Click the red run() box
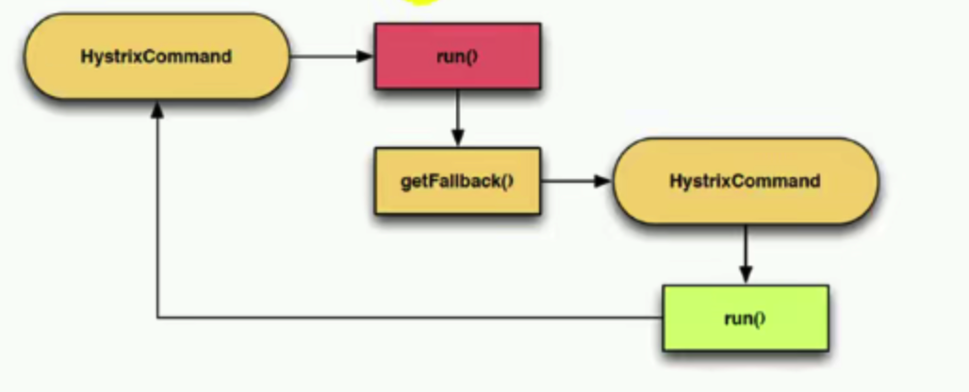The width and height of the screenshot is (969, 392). [457, 57]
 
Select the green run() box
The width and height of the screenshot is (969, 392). [745, 318]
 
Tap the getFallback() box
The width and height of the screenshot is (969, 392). [457, 180]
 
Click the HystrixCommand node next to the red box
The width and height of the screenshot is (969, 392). [156, 57]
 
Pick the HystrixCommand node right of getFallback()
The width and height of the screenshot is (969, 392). [745, 180]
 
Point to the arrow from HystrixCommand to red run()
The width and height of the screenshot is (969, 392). [330, 57]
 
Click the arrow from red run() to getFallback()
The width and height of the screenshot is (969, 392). [457, 117]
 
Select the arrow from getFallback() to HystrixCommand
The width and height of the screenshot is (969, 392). [576, 180]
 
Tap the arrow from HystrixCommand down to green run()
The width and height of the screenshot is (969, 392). [745, 253]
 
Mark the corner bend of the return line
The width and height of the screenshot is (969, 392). [157, 318]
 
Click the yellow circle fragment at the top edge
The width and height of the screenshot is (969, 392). [420, 3]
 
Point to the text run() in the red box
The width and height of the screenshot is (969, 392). [457, 57]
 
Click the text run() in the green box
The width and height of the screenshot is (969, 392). [745, 318]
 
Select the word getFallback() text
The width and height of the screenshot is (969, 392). [457, 180]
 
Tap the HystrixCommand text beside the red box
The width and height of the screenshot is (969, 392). [156, 57]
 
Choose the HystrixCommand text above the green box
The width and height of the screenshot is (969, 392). [745, 180]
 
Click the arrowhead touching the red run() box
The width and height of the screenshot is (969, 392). [366, 57]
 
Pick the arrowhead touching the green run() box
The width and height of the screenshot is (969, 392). [745, 275]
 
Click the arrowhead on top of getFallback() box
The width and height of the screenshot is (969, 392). [457, 139]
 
